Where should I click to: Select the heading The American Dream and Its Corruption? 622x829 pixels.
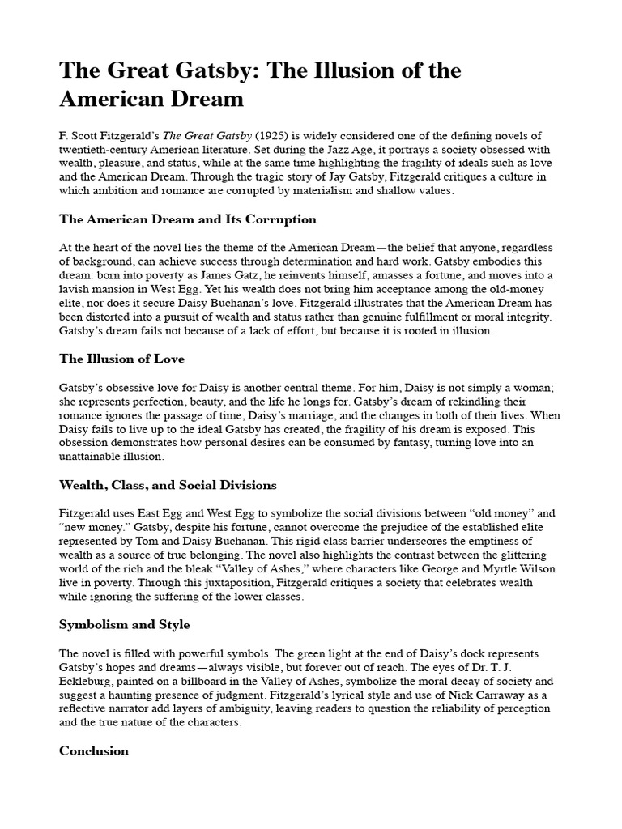(x=188, y=219)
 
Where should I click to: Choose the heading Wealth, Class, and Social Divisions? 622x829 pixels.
(x=168, y=485)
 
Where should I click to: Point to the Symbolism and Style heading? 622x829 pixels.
(x=124, y=624)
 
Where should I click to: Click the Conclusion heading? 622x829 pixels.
(x=94, y=750)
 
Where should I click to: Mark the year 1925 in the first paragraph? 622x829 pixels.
(x=267, y=135)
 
